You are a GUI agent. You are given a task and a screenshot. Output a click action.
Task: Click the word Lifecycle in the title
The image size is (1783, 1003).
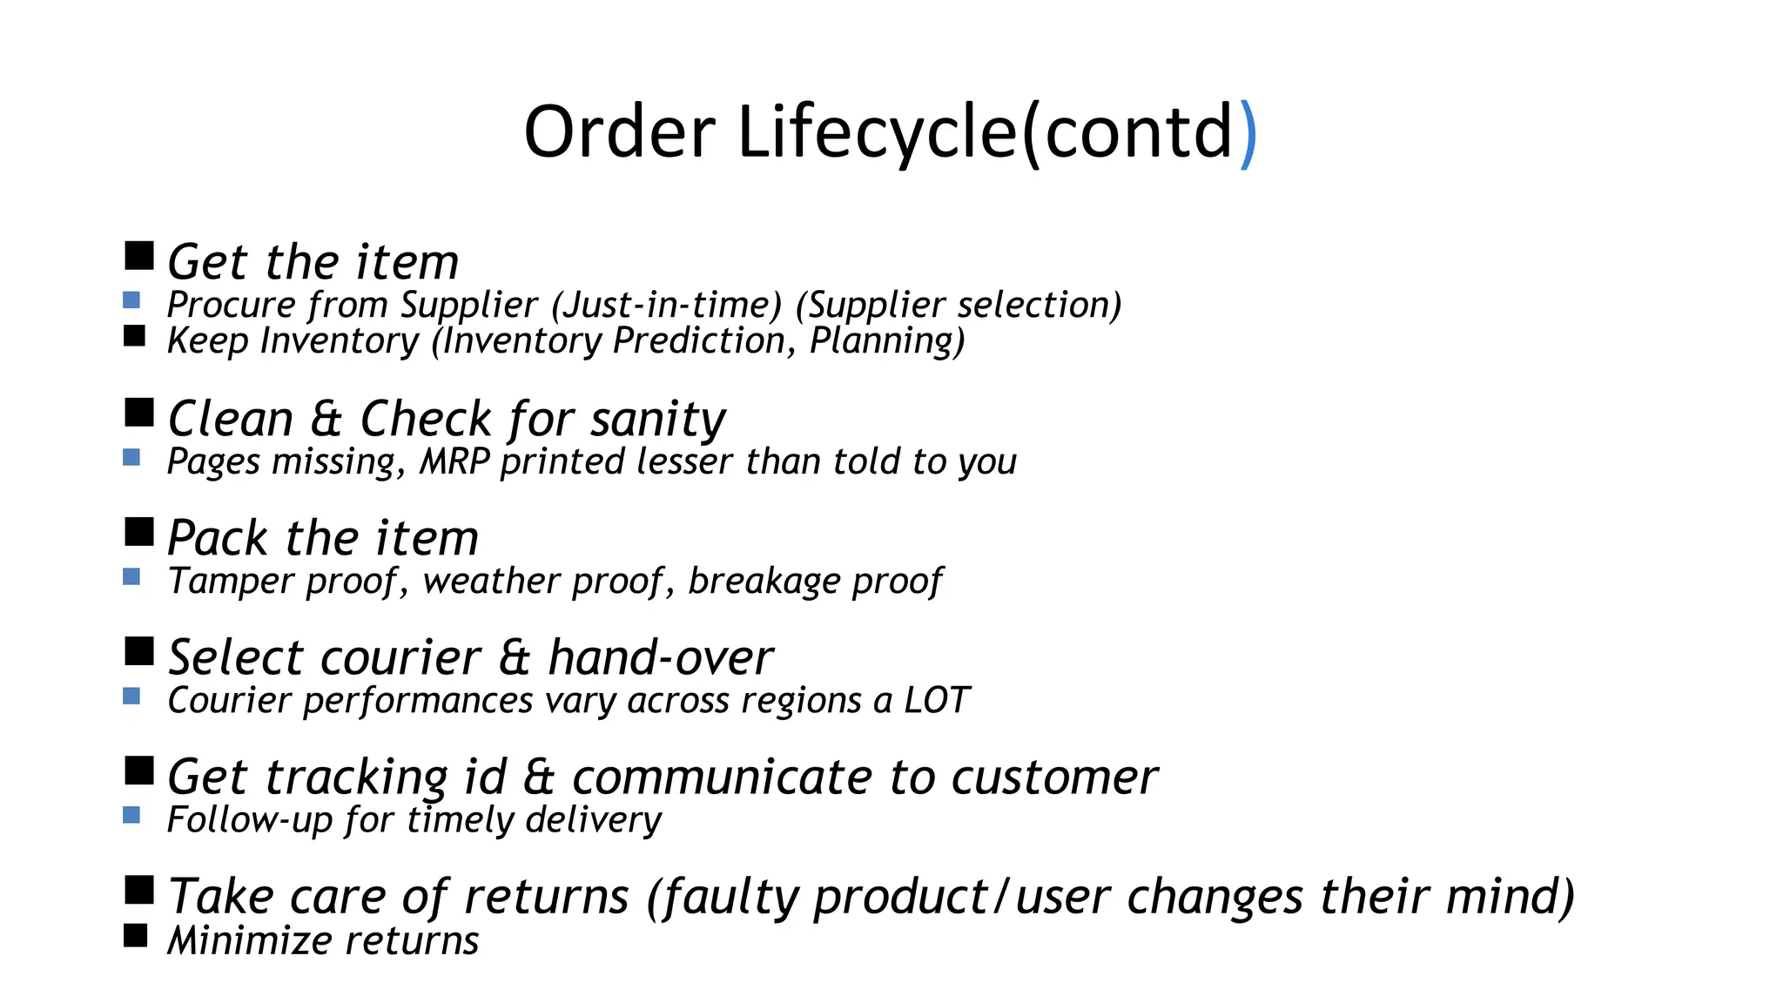pyautogui.click(x=877, y=132)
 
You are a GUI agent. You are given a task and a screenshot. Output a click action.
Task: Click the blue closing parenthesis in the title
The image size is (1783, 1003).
pyautogui.click(x=1248, y=132)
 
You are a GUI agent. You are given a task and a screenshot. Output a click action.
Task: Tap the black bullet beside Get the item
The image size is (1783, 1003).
pyautogui.click(x=139, y=256)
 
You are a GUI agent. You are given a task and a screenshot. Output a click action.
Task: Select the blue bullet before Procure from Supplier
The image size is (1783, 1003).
pyautogui.click(x=131, y=300)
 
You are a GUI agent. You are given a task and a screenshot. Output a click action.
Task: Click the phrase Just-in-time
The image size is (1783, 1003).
pyautogui.click(x=667, y=306)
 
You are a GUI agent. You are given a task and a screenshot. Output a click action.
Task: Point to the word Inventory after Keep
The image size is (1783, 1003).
pyautogui.click(x=340, y=341)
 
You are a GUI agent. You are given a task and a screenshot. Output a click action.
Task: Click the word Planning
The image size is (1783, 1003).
pyautogui.click(x=886, y=341)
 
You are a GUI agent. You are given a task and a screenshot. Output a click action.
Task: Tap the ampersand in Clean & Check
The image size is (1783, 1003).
pyautogui.click(x=326, y=420)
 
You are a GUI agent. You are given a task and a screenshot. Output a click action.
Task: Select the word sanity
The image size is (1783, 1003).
pyautogui.click(x=657, y=420)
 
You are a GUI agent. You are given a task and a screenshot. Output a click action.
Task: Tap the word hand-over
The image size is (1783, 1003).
pyautogui.click(x=660, y=658)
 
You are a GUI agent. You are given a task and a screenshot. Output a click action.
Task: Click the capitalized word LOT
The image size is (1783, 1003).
pyautogui.click(x=936, y=701)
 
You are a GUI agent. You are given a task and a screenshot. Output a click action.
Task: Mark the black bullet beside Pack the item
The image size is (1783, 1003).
pyautogui.click(x=139, y=532)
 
